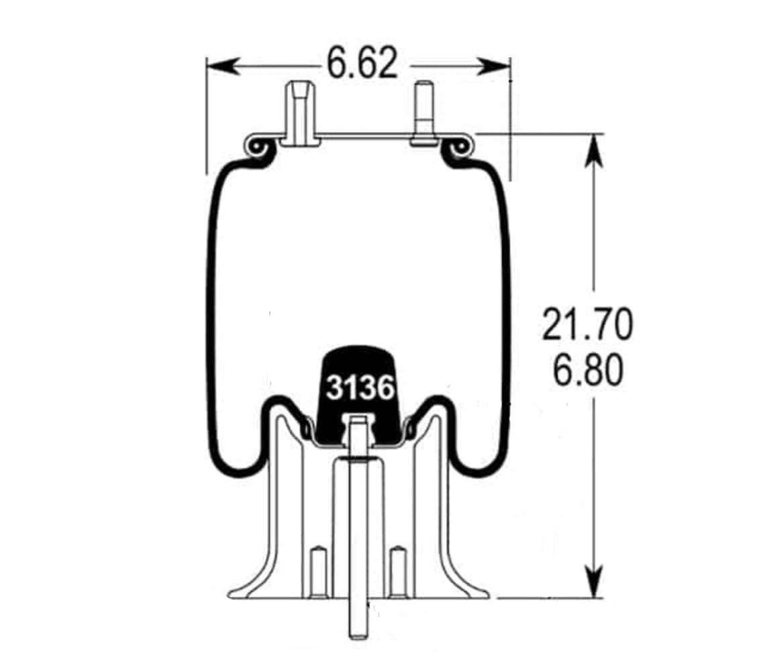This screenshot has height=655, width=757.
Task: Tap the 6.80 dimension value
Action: (x=587, y=371)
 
